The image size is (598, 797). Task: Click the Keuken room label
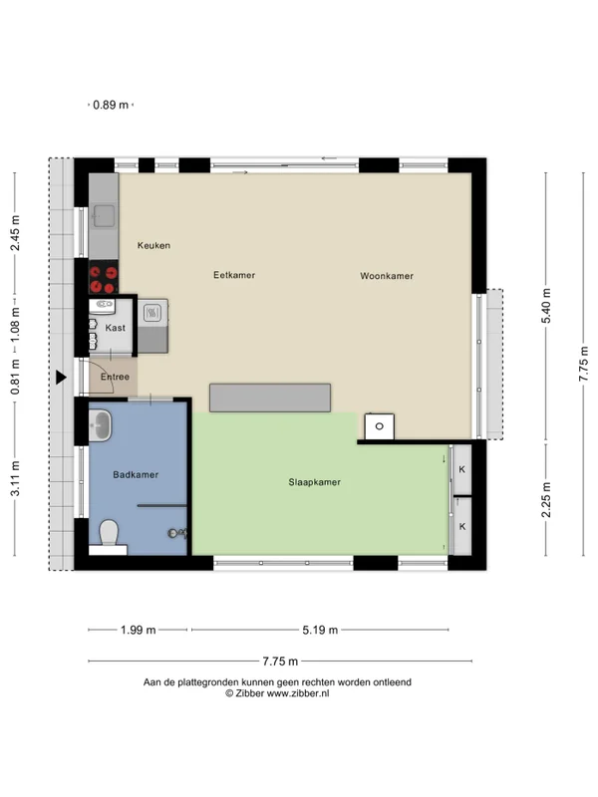point(153,245)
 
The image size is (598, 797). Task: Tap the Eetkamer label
point(234,275)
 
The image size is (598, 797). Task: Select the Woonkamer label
point(387,276)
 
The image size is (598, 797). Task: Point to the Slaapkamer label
point(314,482)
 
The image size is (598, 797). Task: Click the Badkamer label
point(136,475)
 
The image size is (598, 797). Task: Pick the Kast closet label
point(115,328)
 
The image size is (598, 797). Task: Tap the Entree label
point(115,377)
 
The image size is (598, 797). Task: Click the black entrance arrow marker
point(61,378)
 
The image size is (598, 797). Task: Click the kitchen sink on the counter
point(104,216)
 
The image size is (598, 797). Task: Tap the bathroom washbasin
point(100,425)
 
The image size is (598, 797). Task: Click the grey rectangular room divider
point(270,398)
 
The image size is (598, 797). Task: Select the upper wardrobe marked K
point(462,469)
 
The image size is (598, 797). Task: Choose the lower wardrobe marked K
point(462,526)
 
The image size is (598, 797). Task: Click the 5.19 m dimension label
point(320,631)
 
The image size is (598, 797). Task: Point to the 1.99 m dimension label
point(138,631)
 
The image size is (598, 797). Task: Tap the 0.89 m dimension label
point(111,106)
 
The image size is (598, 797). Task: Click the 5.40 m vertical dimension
point(546,306)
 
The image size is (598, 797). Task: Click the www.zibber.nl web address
point(298,693)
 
